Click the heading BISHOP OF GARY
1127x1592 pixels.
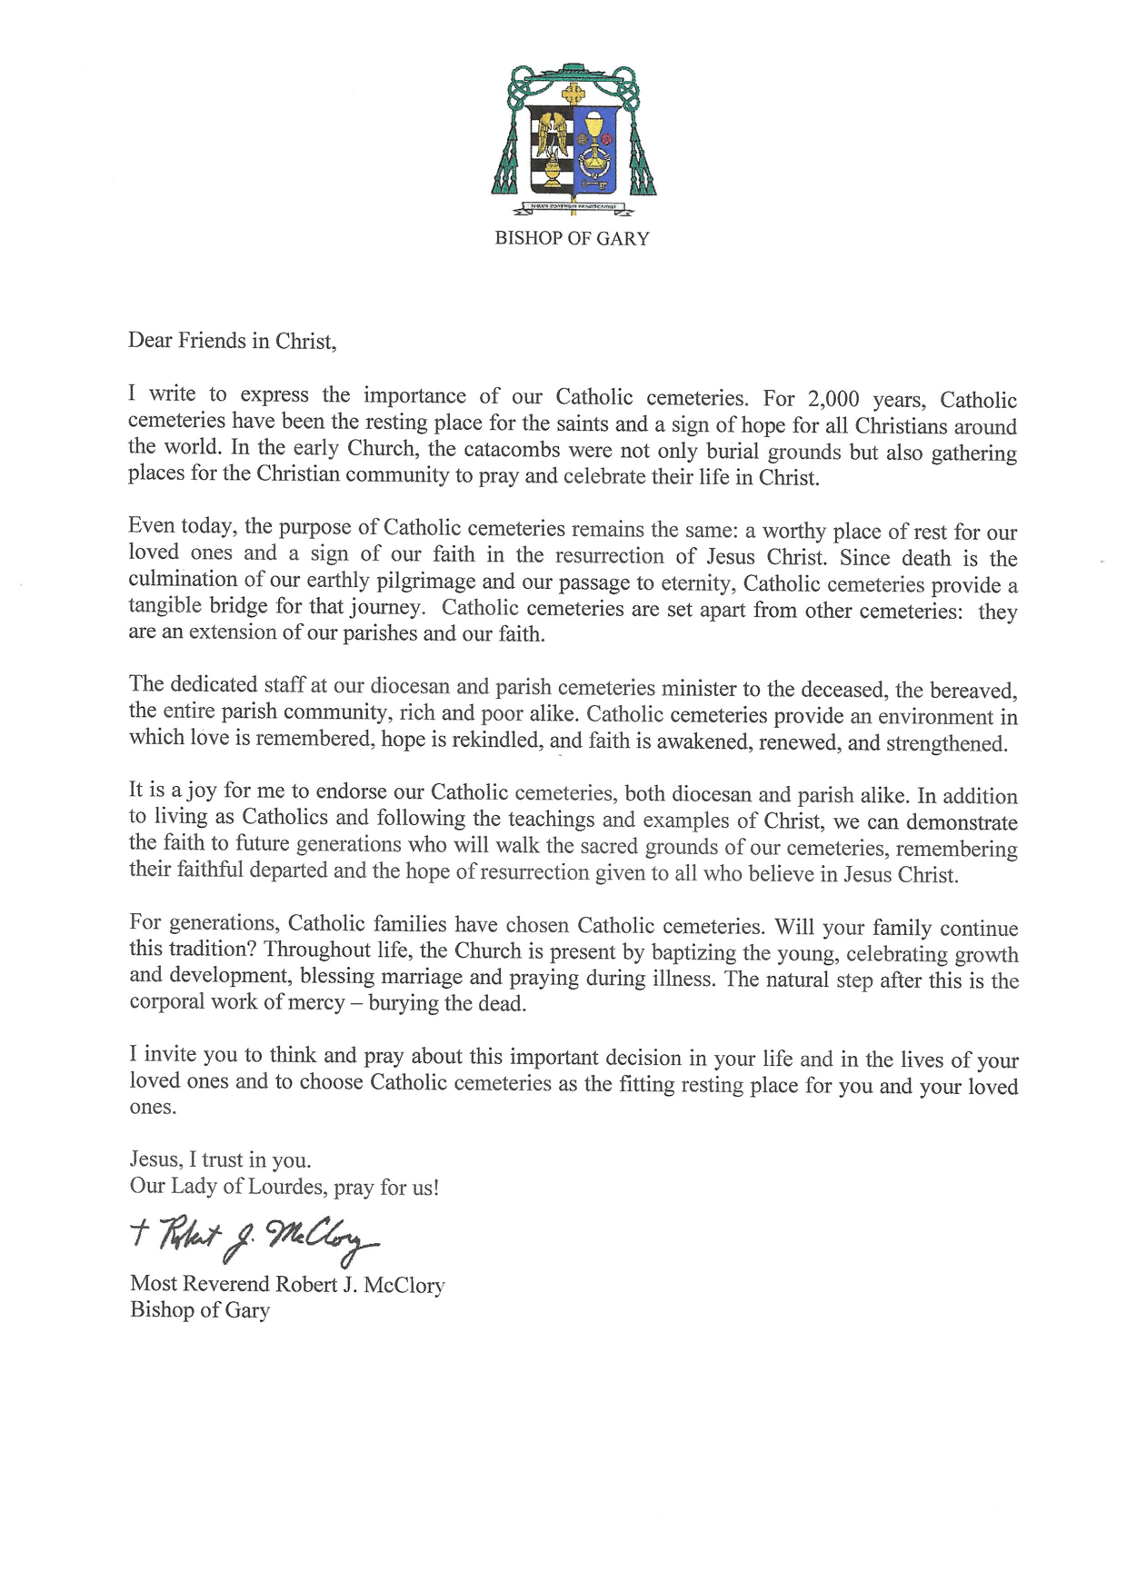572,239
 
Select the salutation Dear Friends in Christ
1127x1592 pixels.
233,341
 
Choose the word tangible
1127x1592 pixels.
166,606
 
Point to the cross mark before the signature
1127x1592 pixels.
140,1233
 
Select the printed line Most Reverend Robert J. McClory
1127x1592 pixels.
287,1284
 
